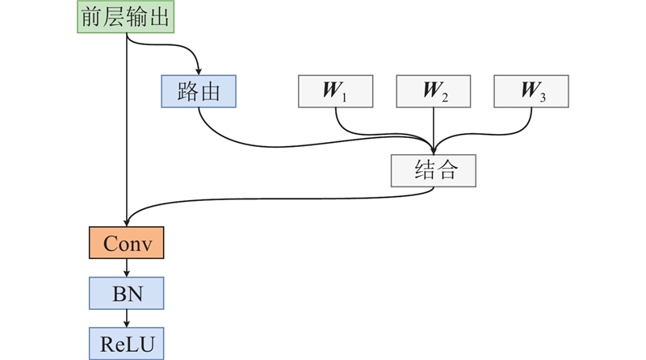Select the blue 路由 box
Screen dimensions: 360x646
click(x=199, y=91)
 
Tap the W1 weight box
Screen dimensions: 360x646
click(x=336, y=91)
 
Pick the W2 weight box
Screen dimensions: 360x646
click(x=434, y=91)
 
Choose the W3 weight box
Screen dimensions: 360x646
click(x=531, y=91)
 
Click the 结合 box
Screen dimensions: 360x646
click(x=434, y=170)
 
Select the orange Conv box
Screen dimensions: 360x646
click(x=126, y=243)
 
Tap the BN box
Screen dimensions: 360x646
click(x=126, y=293)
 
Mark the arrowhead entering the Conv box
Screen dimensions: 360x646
click(x=127, y=223)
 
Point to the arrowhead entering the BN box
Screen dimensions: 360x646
click(x=127, y=274)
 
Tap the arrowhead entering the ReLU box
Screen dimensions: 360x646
click(x=127, y=324)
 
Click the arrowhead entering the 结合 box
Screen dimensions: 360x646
click(x=434, y=150)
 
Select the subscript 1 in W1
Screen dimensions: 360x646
click(x=344, y=97)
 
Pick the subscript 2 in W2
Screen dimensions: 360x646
click(x=443, y=97)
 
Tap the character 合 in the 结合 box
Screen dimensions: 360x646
click(x=447, y=170)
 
